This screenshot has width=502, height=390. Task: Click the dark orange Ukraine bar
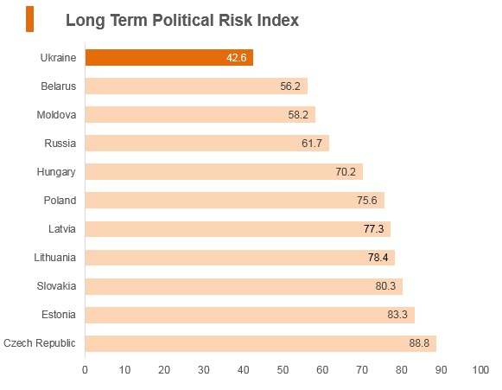click(169, 58)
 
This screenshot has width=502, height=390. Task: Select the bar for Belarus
click(196, 86)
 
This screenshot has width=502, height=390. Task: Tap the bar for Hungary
click(224, 172)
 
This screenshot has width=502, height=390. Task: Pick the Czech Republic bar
click(261, 343)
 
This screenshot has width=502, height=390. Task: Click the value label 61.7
click(312, 144)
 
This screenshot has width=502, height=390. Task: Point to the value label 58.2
click(298, 115)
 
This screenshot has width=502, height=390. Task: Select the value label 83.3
click(397, 315)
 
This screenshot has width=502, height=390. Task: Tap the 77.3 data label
click(373, 229)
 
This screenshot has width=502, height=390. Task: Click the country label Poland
click(60, 201)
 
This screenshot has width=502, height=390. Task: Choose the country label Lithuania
click(55, 258)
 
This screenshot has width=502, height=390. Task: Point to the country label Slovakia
click(56, 286)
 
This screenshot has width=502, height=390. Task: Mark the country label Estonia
click(59, 315)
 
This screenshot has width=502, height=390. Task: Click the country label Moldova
click(56, 115)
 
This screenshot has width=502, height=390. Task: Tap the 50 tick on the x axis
click(283, 370)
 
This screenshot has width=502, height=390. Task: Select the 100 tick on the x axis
click(480, 370)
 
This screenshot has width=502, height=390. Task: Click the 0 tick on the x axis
click(85, 370)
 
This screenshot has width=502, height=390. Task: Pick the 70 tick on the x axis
click(362, 370)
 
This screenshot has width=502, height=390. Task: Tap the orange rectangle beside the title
click(29, 19)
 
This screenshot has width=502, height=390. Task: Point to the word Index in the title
click(277, 20)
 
